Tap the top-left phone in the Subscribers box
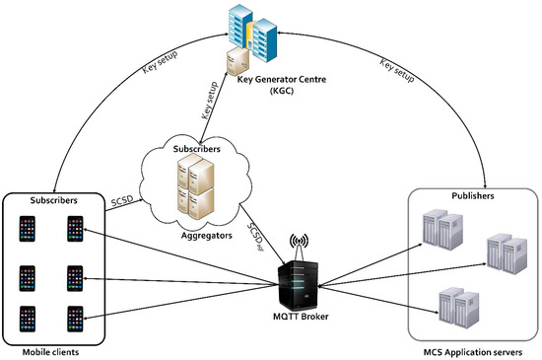pyautogui.click(x=27, y=227)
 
